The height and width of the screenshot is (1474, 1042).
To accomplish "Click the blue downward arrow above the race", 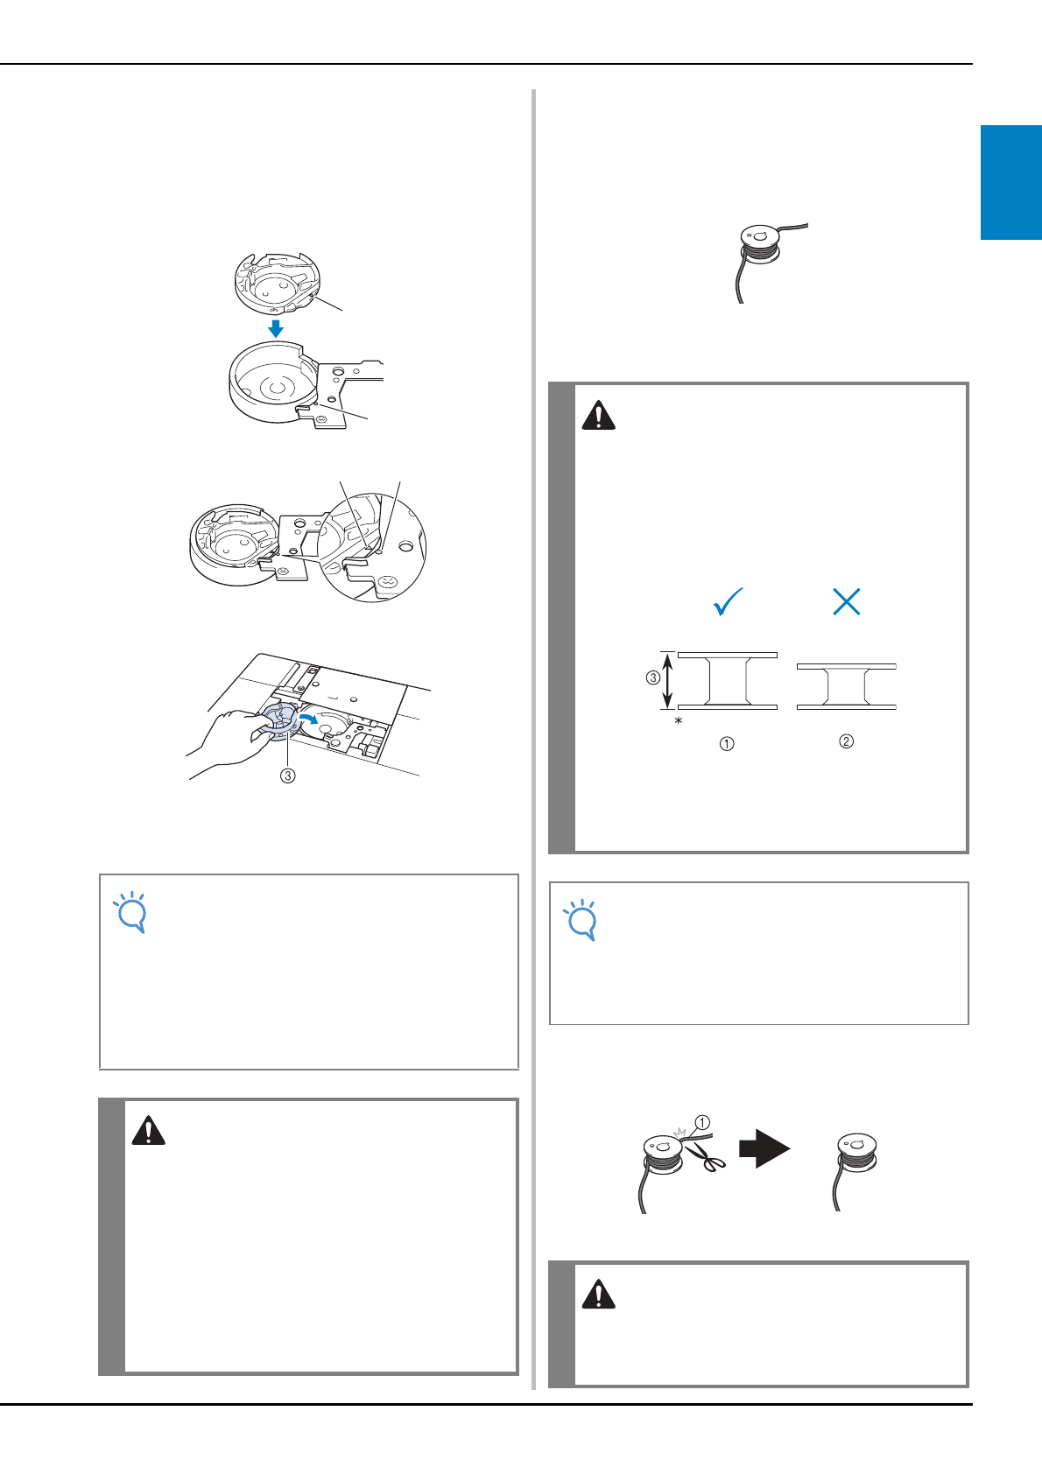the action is point(277,328).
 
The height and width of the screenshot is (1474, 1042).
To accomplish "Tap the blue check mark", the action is point(728,601).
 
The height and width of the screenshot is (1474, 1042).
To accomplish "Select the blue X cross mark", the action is point(847,601).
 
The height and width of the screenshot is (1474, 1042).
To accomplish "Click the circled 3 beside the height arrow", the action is point(653,677).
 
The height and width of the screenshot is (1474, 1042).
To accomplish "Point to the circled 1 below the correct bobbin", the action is point(727,744).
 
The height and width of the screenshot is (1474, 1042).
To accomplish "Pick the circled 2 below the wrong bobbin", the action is point(847,741).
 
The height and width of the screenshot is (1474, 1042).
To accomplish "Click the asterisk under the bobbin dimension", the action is point(679,721).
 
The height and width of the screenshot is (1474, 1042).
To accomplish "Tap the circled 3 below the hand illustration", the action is point(288,776).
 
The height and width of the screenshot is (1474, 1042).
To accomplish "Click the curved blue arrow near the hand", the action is point(309,719).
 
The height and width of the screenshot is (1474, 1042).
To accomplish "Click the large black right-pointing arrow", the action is point(764,1149).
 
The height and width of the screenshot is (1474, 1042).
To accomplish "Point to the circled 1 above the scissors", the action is point(702,1122).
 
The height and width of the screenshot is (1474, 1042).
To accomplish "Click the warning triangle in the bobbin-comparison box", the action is point(598,415).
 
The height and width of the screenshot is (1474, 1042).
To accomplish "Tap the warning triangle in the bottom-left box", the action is point(148,1131).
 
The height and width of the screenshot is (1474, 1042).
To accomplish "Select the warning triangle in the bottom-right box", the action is point(598,1294).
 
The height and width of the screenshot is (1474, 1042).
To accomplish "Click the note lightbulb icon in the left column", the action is point(130,912).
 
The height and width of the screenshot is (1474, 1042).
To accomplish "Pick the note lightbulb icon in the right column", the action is point(581,920).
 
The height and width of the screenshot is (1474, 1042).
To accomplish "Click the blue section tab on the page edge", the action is point(1011,182).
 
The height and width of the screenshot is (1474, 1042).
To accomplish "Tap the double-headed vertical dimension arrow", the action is point(667,681).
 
